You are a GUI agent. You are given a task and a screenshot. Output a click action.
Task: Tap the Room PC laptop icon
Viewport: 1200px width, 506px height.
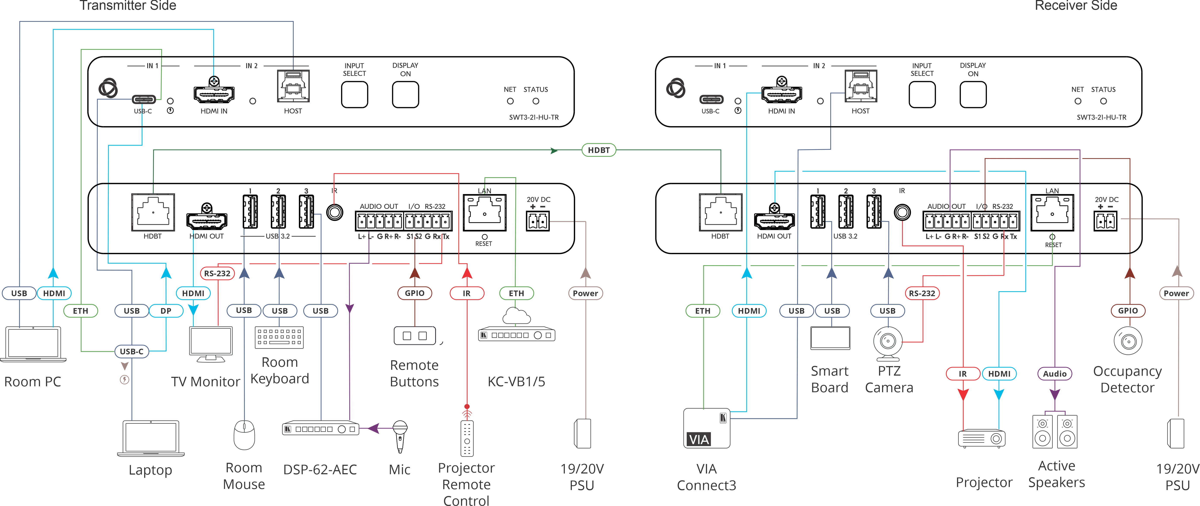(x=33, y=344)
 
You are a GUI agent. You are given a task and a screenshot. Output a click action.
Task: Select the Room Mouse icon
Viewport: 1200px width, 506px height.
(x=244, y=435)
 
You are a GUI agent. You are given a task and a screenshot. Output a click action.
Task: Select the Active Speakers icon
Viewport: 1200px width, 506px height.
(x=1055, y=431)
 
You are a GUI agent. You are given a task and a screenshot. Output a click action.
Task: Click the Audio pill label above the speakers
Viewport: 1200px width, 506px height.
(x=1055, y=374)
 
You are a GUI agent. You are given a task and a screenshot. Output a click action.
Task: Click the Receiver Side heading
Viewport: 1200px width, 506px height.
(x=1076, y=6)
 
